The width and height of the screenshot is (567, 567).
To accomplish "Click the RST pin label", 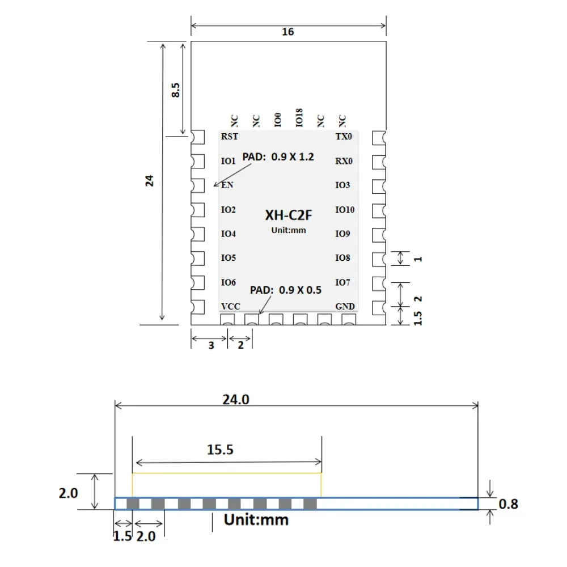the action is click(x=230, y=136).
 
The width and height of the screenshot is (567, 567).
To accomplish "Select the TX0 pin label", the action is click(x=344, y=136).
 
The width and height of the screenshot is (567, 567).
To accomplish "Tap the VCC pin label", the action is click(x=230, y=307).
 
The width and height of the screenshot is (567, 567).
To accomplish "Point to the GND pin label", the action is click(x=345, y=307).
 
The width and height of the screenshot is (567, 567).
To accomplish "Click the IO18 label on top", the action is click(x=299, y=117).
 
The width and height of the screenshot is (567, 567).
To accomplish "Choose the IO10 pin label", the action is click(x=345, y=210).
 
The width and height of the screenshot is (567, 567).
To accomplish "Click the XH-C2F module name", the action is click(x=288, y=215).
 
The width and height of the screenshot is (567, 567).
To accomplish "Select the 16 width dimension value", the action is click(x=288, y=32).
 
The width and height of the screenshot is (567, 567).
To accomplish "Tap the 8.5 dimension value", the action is click(x=175, y=90).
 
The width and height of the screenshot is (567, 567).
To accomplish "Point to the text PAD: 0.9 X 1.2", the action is click(x=278, y=157).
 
